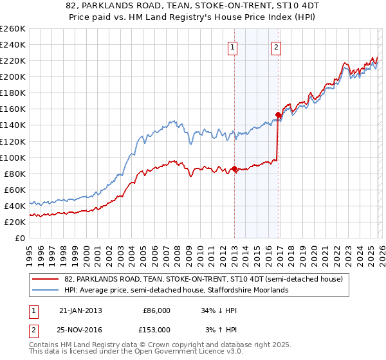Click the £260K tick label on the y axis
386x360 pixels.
point(12,29)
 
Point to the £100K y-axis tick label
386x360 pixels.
point(12,157)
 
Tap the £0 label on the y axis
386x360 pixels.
point(21,238)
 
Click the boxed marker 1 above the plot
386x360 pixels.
point(232,46)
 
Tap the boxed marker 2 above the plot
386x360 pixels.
point(276,46)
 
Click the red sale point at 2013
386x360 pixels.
point(234,169)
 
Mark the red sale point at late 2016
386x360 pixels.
point(278,115)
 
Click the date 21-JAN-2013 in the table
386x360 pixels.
point(80,310)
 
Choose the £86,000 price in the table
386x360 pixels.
point(156,310)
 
